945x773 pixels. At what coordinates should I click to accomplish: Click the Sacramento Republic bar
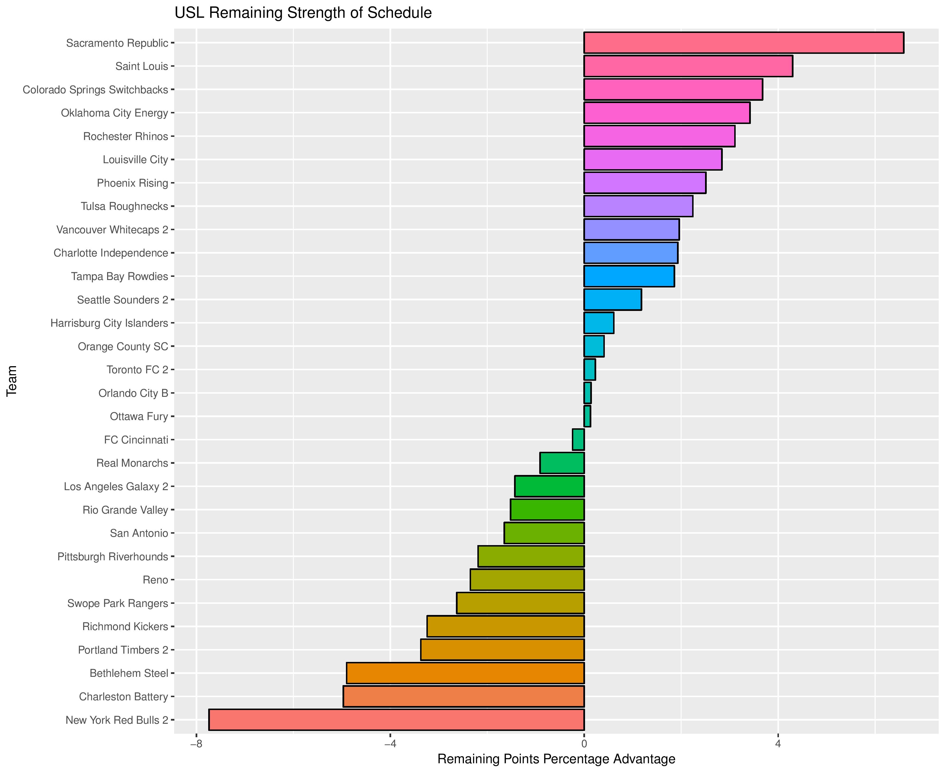[x=743, y=43]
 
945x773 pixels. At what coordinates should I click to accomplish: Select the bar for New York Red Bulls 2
[x=396, y=719]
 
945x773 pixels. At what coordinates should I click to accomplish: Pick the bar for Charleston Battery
[x=463, y=696]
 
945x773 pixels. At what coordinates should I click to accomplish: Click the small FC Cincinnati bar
[x=578, y=439]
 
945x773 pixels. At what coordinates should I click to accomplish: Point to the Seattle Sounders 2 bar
[x=612, y=300]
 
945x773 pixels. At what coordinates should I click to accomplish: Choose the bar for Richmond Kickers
[x=505, y=626]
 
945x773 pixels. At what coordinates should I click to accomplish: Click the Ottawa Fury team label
[x=139, y=416]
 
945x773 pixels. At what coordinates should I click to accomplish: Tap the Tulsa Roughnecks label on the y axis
[x=124, y=206]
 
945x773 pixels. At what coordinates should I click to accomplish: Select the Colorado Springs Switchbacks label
[x=95, y=90]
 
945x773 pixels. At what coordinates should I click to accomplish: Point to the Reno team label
[x=155, y=580]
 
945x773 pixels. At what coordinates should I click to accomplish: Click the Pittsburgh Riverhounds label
[x=113, y=557]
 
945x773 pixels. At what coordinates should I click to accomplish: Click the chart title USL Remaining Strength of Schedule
[x=303, y=13]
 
